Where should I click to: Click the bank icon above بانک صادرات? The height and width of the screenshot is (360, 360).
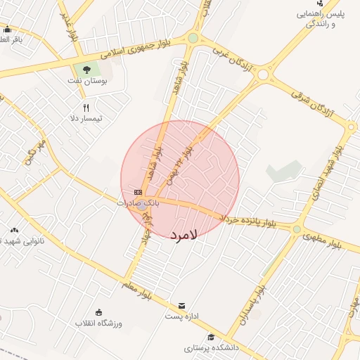tap(138, 192)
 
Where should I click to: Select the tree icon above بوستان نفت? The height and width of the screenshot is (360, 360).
tap(86, 70)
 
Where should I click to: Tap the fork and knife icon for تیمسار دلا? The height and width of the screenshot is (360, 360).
tap(86, 108)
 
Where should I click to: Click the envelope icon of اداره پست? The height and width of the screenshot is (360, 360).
tap(182, 306)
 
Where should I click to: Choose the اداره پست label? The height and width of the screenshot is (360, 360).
tap(183, 316)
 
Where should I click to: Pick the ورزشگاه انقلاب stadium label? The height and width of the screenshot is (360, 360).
tap(99, 323)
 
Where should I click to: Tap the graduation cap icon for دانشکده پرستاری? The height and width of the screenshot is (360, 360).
tap(211, 337)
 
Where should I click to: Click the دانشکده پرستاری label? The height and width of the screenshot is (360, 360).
tap(212, 347)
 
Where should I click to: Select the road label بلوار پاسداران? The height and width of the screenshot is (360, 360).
tap(252, 303)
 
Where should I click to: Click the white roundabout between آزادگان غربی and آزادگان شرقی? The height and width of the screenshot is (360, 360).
tap(263, 74)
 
